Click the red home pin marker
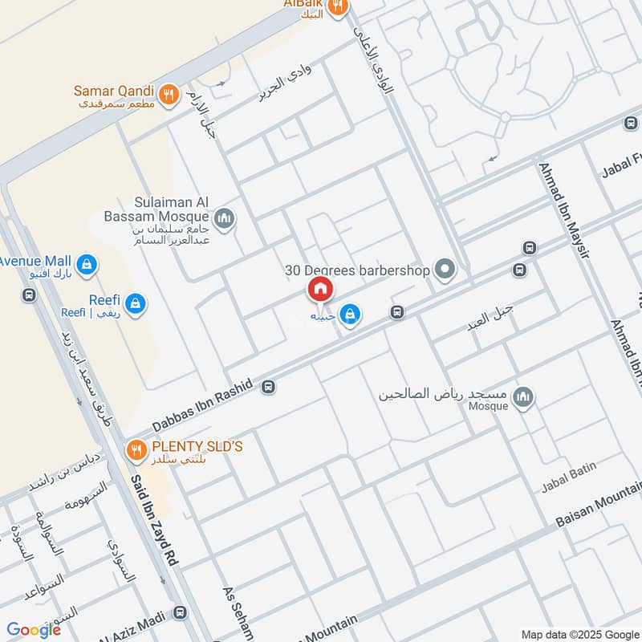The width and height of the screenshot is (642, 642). (x=319, y=289)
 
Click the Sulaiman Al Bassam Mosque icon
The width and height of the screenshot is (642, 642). (x=225, y=217)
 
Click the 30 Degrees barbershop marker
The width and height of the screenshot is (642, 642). (x=444, y=270)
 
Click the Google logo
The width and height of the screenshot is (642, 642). (x=34, y=630)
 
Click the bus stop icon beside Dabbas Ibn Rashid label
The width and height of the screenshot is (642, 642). (x=268, y=387)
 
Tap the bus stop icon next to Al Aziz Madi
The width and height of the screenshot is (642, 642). (x=178, y=614)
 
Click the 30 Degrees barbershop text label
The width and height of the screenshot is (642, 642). (x=358, y=270)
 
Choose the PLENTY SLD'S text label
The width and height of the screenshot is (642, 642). (x=197, y=445)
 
